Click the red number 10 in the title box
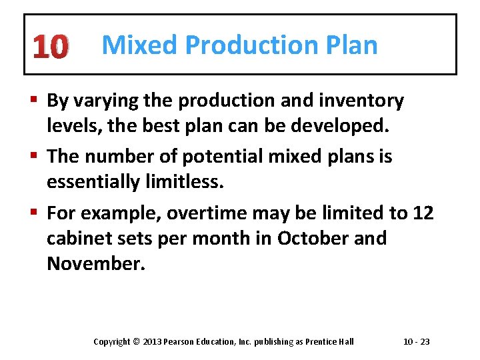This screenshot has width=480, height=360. coord(49,47)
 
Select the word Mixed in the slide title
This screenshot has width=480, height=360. coord(141,45)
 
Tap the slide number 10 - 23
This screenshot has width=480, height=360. coord(417,342)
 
